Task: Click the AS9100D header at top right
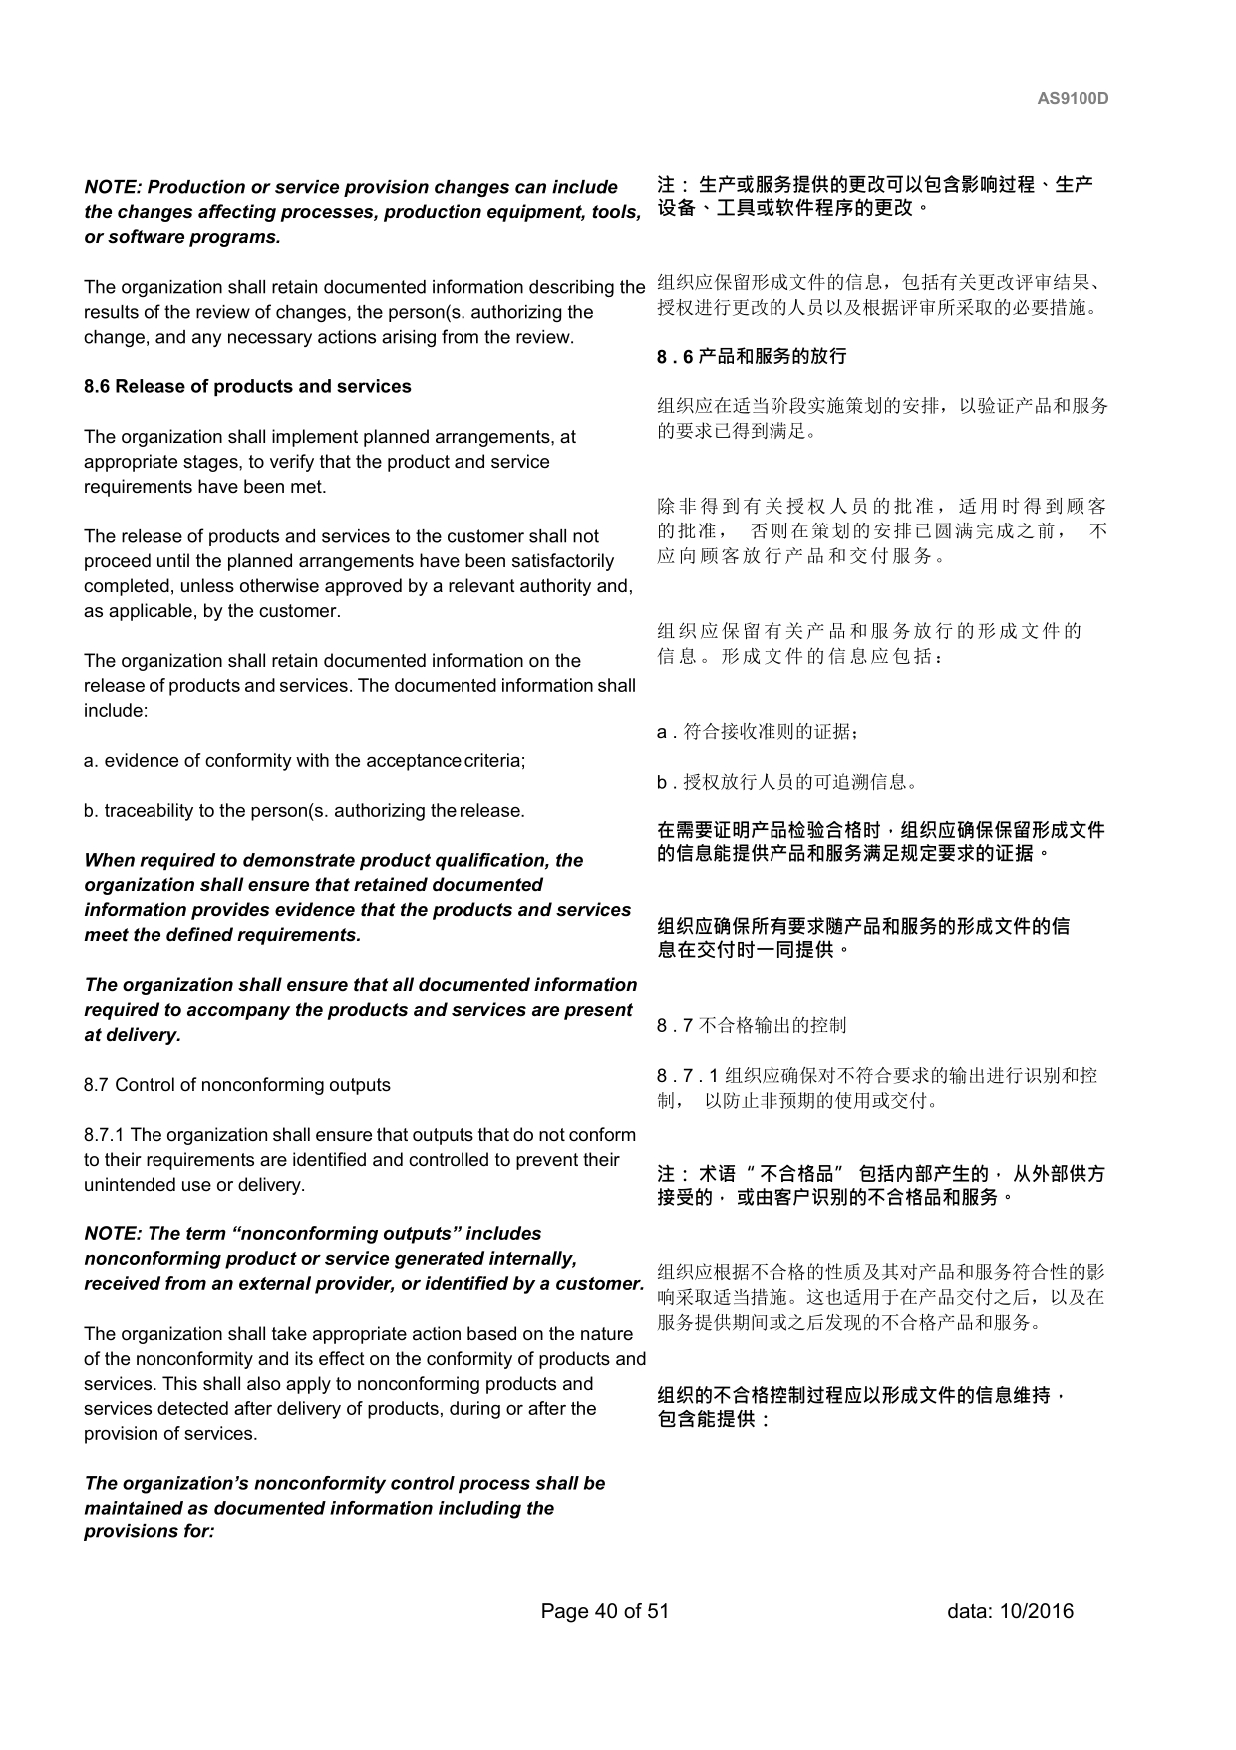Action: (1073, 99)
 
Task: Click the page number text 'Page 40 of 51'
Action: (604, 1611)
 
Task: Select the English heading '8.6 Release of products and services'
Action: (247, 387)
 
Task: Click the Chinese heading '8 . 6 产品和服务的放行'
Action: (752, 356)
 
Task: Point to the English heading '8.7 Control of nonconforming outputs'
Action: (237, 1085)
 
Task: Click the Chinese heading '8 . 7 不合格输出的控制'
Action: (752, 1025)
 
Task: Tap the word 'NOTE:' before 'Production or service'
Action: (113, 187)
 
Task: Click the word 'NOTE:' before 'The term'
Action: (113, 1234)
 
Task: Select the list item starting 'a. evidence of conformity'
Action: (304, 761)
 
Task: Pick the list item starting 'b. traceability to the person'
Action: (304, 811)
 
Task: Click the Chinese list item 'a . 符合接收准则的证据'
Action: (758, 732)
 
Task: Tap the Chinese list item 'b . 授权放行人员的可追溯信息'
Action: (786, 782)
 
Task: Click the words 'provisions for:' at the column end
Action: (150, 1531)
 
